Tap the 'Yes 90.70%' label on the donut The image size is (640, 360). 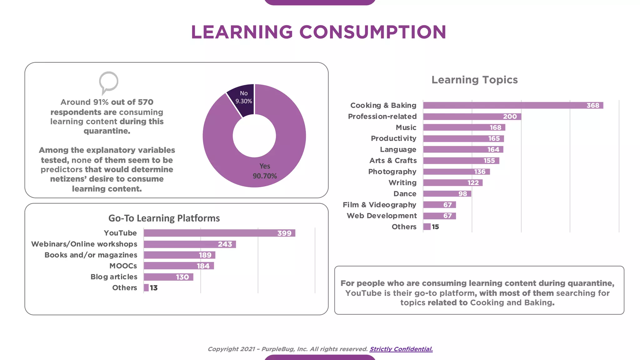click(x=265, y=171)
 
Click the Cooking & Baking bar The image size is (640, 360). click(x=513, y=105)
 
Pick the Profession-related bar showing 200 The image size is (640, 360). click(x=472, y=117)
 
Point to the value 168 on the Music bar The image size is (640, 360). click(x=495, y=127)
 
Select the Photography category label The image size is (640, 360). click(x=392, y=172)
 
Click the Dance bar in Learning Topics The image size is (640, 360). click(x=447, y=194)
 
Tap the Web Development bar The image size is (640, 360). click(x=439, y=216)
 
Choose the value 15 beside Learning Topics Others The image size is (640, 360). click(x=435, y=227)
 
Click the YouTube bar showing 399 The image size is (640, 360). click(x=219, y=233)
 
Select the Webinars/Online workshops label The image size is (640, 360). click(x=84, y=244)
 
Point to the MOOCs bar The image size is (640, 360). click(x=178, y=266)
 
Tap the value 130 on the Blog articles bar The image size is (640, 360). click(x=182, y=277)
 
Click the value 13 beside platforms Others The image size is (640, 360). click(x=154, y=288)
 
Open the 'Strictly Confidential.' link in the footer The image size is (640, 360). click(x=401, y=349)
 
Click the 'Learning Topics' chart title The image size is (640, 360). click(x=474, y=80)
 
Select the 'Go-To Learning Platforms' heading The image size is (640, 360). click(x=164, y=218)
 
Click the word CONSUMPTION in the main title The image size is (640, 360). click(x=372, y=32)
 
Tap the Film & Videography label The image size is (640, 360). click(x=379, y=205)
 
